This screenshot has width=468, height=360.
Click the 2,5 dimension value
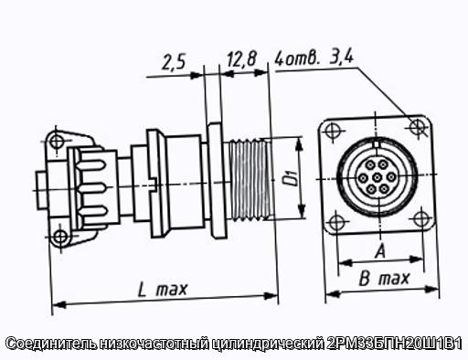click(x=173, y=62)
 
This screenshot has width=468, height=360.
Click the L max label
click(x=162, y=289)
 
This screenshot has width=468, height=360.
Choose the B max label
click(x=384, y=279)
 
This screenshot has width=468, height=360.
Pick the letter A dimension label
click(x=380, y=251)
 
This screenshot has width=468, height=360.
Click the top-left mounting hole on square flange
click(x=332, y=132)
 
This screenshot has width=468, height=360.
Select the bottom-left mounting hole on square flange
click(x=336, y=222)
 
